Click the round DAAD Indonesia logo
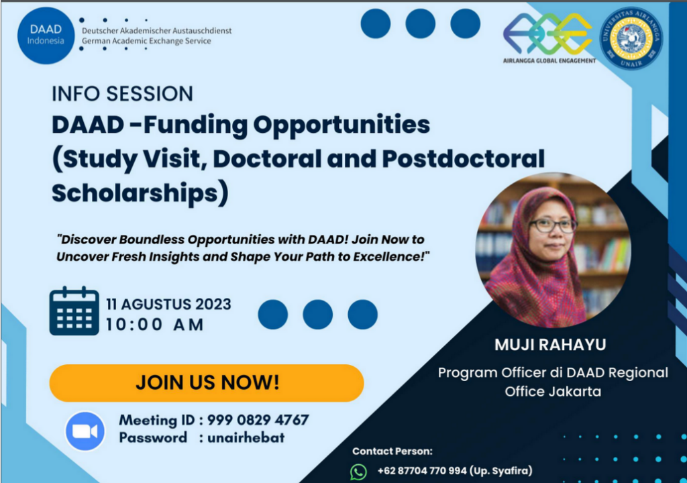point(46,36)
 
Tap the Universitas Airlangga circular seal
point(631,38)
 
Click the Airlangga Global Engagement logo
point(549,38)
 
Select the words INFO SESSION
point(122,94)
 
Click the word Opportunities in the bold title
point(341,125)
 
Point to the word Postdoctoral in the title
point(464,158)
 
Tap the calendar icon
point(74,311)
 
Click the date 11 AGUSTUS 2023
point(168,304)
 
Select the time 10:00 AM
point(155,325)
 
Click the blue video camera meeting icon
point(85,431)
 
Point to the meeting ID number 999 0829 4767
point(258,420)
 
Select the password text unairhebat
point(246,437)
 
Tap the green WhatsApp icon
point(358,472)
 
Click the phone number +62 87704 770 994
point(422,471)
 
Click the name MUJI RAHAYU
point(550,345)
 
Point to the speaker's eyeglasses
point(553,225)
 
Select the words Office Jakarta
point(553,391)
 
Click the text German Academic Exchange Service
point(146,41)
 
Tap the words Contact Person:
point(392,451)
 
